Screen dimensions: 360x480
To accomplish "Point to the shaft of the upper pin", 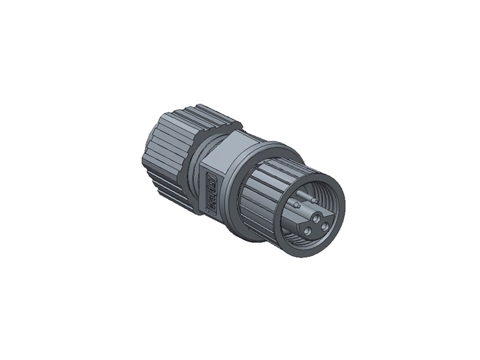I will tap(306, 197).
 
